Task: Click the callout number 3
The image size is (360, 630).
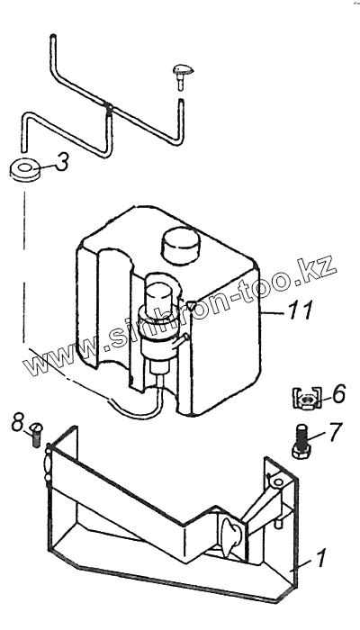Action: pos(61,162)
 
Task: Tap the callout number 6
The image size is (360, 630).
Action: pos(339,394)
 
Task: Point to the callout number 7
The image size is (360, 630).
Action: pos(335,432)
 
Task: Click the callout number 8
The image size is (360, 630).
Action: pos(18,423)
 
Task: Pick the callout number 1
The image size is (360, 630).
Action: pos(321,558)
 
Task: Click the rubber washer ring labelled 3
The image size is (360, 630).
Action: pos(25,170)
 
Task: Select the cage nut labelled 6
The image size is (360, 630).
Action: pos(307,398)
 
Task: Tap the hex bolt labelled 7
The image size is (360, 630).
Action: pos(301,441)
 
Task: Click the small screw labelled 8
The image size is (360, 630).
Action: pos(36,434)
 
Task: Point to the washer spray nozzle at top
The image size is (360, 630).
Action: pos(183,75)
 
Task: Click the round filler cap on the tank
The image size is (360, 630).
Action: pos(181,245)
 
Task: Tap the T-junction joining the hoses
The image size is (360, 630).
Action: pos(109,109)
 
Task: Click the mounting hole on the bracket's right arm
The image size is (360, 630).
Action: pos(277,480)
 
